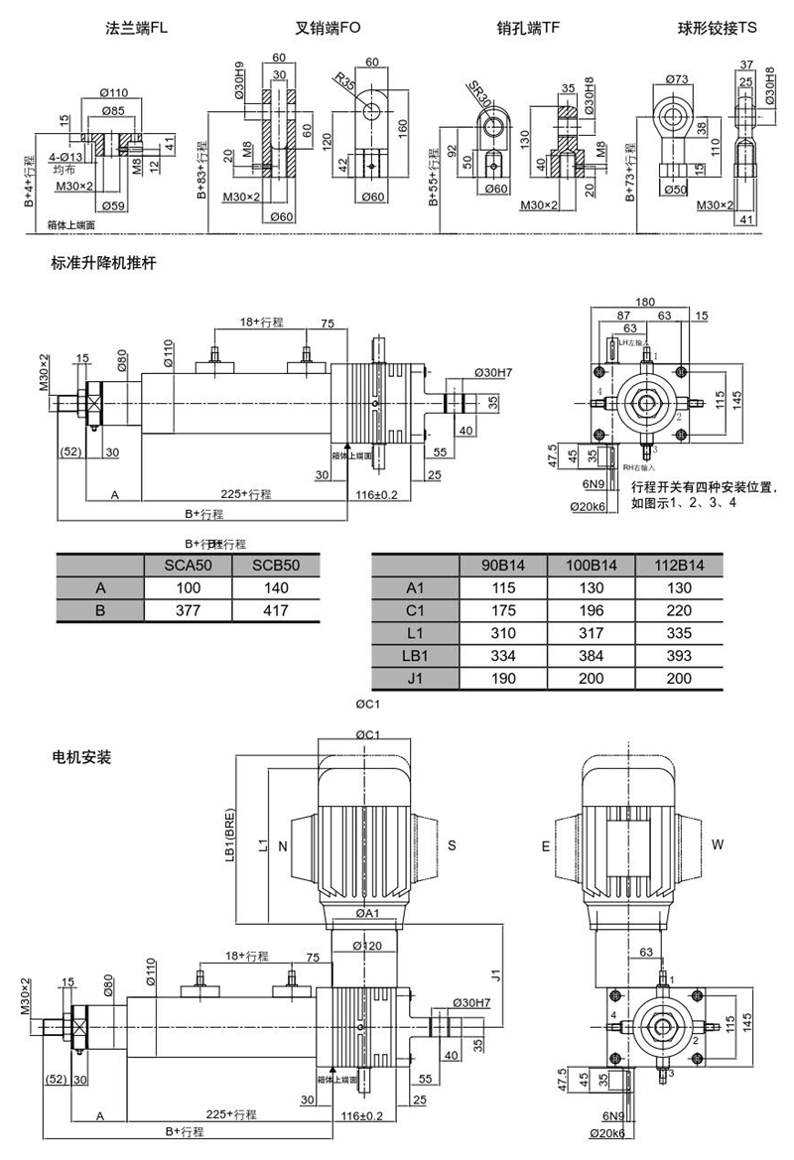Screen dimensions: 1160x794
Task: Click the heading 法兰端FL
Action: coord(138,31)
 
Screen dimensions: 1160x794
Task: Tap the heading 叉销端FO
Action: coord(327,31)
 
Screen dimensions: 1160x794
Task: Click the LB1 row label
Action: coord(414,655)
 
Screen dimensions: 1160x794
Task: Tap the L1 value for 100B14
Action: coord(593,633)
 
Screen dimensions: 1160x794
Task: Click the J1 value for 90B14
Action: coord(505,679)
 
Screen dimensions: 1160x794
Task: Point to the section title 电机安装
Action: coord(81,757)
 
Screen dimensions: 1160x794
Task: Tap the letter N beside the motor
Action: coord(283,846)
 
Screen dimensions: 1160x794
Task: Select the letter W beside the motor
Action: coord(718,844)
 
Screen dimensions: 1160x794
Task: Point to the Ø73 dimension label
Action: coord(677,78)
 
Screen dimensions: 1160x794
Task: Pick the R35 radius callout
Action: coord(344,81)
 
